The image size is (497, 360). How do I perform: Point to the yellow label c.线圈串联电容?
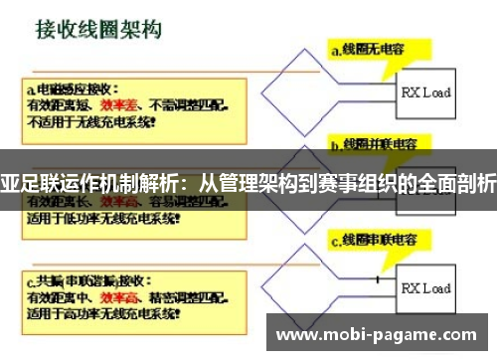pyautogui.click(x=379, y=240)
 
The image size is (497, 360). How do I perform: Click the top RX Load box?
pyautogui.click(x=425, y=92)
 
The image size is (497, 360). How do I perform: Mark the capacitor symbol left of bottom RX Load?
pyautogui.click(x=378, y=279)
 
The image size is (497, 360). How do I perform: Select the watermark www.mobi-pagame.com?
pyautogui.click(x=383, y=335)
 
